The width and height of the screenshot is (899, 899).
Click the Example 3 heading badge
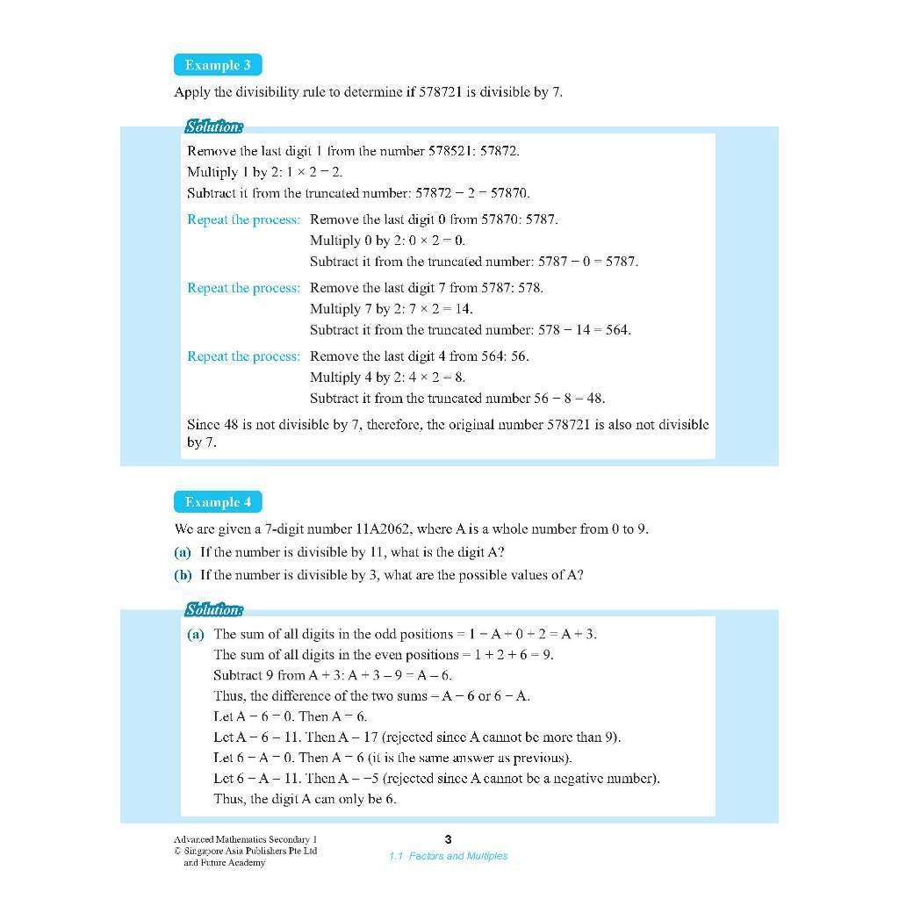click(218, 65)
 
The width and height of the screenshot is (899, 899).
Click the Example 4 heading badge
click(218, 502)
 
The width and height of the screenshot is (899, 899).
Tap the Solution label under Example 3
click(213, 126)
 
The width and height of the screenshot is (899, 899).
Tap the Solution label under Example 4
click(213, 609)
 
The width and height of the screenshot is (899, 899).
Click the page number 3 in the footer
click(449, 839)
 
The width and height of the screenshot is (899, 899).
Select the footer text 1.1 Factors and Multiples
click(448, 856)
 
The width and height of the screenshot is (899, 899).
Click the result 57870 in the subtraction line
click(511, 193)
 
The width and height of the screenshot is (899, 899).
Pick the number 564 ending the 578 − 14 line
click(618, 330)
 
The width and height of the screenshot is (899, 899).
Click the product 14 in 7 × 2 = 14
click(465, 309)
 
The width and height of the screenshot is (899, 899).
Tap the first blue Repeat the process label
click(243, 219)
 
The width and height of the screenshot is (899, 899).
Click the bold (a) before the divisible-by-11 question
click(183, 552)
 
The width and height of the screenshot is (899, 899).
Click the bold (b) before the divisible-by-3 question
click(183, 575)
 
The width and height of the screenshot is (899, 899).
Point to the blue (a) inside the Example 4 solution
click(195, 634)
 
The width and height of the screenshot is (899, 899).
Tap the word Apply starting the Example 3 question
click(191, 92)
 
